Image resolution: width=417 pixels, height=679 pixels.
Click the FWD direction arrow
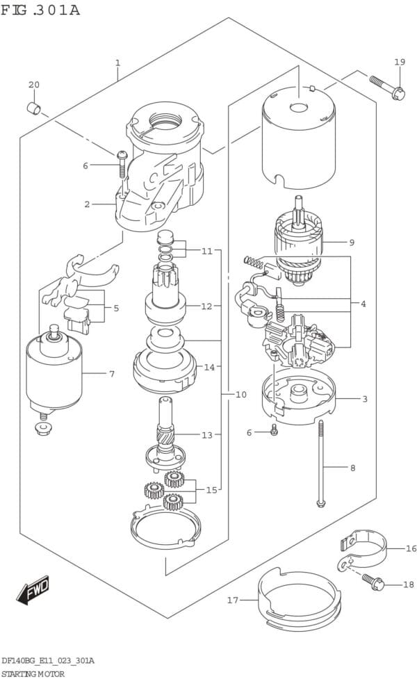33,590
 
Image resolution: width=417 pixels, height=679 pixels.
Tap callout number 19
400,62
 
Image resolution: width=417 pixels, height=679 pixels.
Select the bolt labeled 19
388,88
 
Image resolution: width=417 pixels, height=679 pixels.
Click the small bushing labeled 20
34,108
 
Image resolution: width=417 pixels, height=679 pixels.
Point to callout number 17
233,600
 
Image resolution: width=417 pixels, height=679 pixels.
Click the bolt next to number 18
373,581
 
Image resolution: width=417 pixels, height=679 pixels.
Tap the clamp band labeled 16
362,547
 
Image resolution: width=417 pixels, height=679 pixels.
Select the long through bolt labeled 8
321,463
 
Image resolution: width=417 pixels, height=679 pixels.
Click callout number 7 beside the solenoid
112,373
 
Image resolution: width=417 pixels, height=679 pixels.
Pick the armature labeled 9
298,243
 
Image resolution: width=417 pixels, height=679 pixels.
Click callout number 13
207,435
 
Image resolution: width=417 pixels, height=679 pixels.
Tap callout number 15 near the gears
211,490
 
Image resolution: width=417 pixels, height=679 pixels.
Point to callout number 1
117,63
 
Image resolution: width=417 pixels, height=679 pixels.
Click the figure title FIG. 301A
40,10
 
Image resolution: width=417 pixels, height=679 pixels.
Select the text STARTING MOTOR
33,674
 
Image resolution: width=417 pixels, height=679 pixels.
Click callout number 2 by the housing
87,204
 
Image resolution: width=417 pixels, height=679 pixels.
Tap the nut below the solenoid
43,429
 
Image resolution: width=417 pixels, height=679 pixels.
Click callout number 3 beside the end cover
365,399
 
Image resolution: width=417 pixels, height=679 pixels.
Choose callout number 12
206,306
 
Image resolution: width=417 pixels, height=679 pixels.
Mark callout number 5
116,309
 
